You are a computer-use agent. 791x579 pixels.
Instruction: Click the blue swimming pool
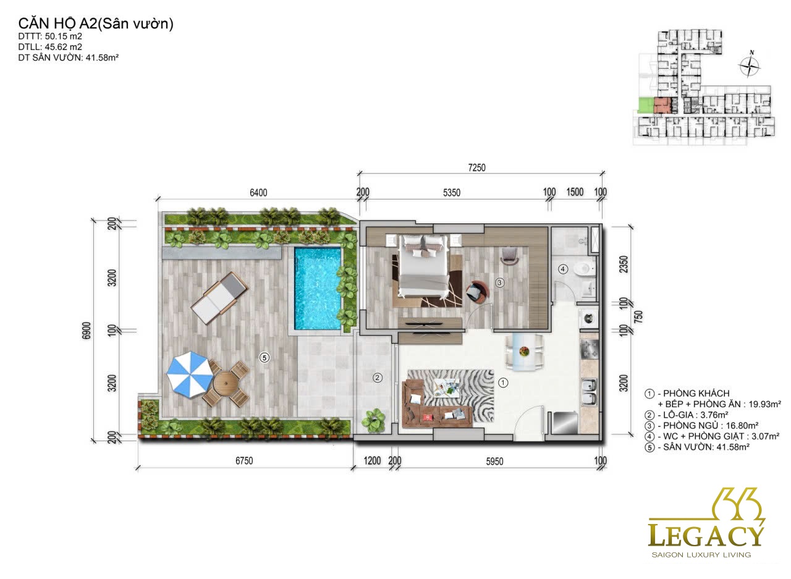click(318, 289)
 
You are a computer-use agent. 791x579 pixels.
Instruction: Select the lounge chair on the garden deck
click(219, 298)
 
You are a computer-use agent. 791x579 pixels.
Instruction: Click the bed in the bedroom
click(423, 267)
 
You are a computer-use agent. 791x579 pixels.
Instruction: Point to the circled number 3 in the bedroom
click(499, 282)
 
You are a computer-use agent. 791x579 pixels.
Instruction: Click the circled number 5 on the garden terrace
click(264, 358)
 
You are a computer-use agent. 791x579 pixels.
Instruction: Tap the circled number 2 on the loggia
click(377, 378)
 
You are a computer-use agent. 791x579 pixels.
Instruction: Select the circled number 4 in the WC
click(563, 269)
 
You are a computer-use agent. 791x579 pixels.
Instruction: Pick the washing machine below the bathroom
click(588, 318)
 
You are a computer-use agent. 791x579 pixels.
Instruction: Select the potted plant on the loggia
click(374, 420)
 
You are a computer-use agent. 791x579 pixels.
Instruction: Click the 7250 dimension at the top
click(476, 167)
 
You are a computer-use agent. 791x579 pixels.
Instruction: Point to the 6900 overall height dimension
click(87, 331)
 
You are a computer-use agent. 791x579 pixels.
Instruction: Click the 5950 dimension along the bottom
click(494, 462)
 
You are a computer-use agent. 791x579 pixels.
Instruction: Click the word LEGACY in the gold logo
click(706, 536)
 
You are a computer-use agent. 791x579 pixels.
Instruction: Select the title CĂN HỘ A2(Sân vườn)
click(96, 24)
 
